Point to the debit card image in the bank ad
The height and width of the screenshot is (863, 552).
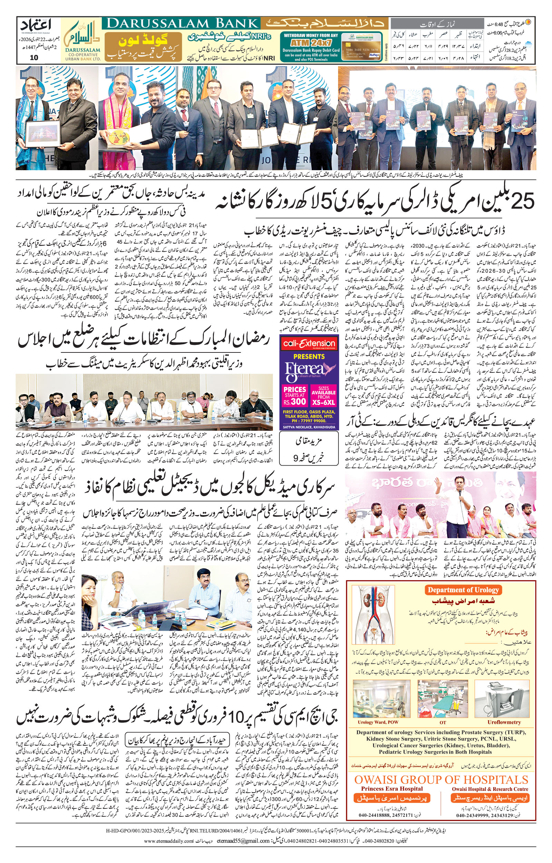click(362, 47)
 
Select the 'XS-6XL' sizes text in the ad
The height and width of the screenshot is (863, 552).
click(323, 402)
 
